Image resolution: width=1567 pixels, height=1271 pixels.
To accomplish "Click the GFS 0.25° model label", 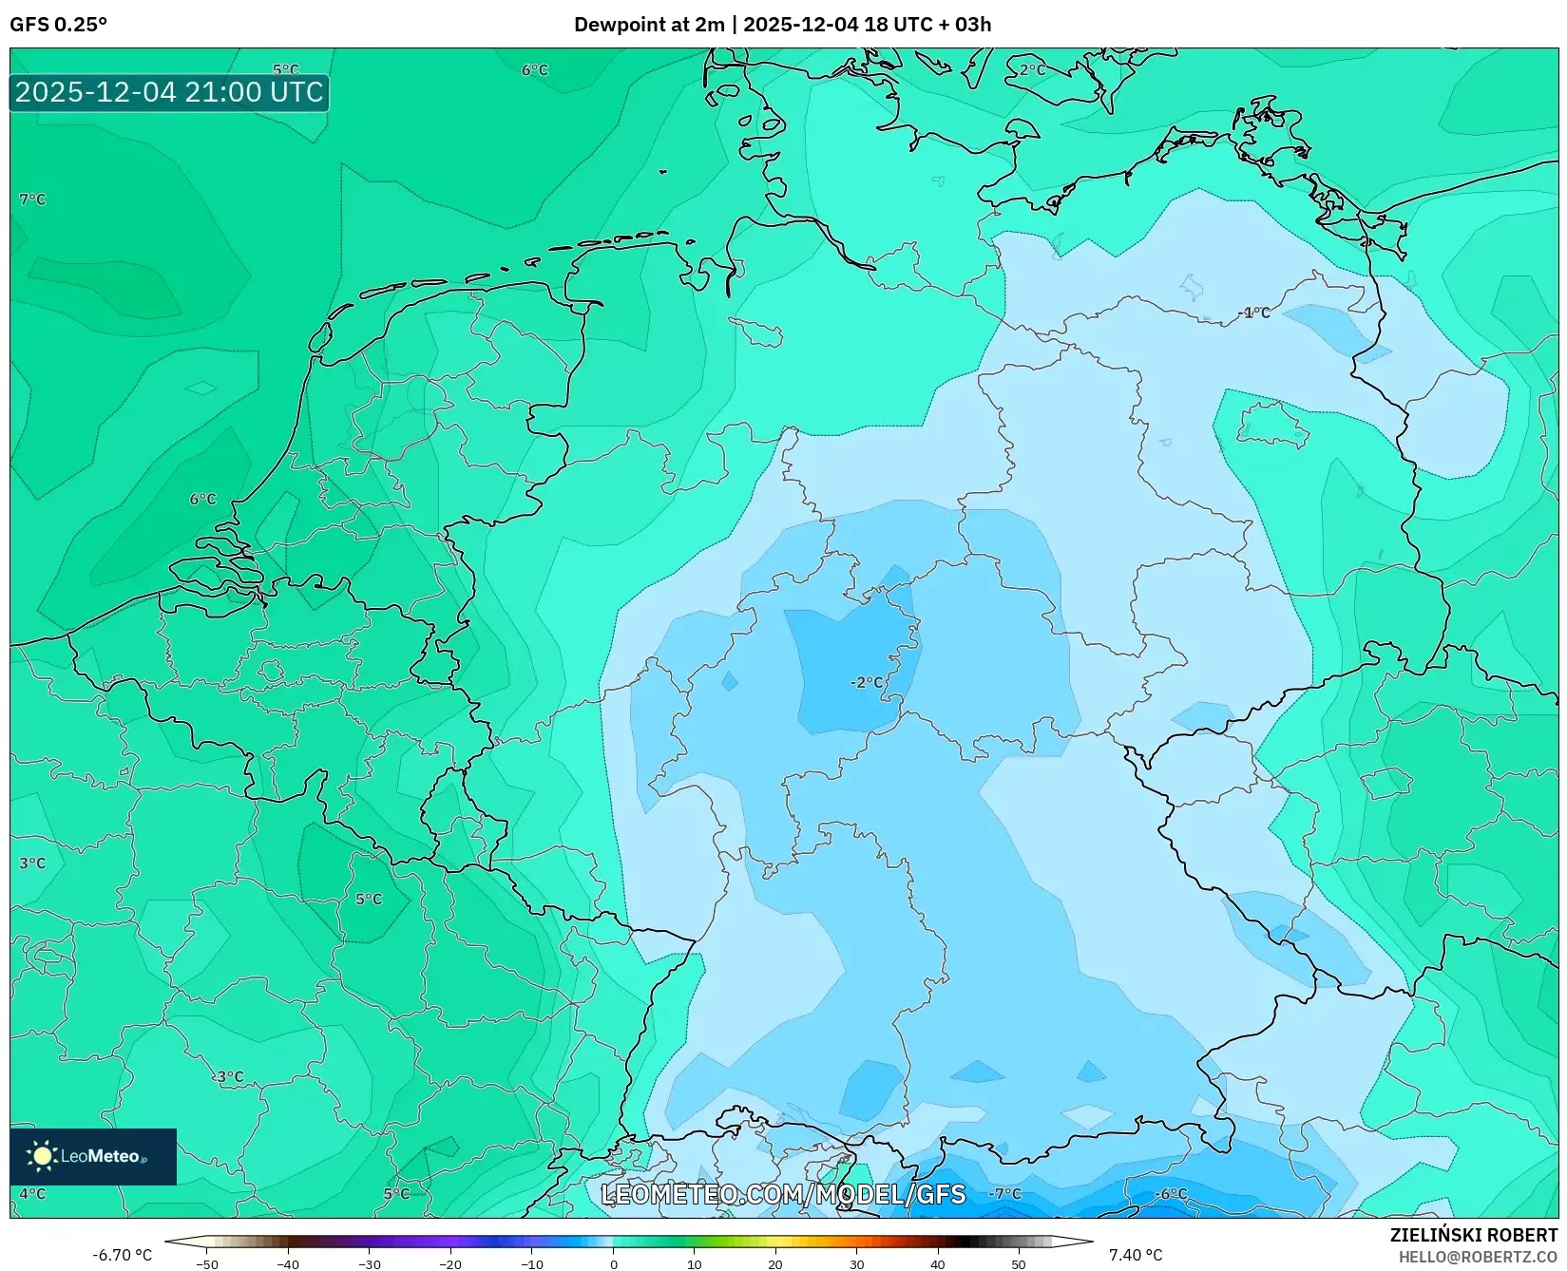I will (x=58, y=25).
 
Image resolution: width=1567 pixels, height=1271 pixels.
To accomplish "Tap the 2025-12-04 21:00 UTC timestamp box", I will (x=169, y=93).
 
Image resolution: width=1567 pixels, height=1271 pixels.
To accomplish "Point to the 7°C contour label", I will (x=32, y=199).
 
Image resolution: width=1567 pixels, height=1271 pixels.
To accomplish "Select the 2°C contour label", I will (x=1032, y=70).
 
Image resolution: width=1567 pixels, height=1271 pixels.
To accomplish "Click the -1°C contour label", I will (x=1255, y=313).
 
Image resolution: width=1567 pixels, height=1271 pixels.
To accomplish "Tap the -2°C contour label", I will (x=867, y=682).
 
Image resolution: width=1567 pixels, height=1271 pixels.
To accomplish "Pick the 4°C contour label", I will (x=32, y=1193).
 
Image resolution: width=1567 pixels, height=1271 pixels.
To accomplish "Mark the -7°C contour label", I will (x=1004, y=1193).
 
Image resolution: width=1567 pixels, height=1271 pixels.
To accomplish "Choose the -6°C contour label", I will (x=1171, y=1193).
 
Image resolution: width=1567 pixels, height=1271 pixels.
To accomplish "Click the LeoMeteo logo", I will (x=93, y=1156).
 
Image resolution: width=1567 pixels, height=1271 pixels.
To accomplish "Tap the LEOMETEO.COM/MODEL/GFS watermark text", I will (x=784, y=1194).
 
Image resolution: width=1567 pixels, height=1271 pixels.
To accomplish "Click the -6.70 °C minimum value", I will (x=122, y=1255).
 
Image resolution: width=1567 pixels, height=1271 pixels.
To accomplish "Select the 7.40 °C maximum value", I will (x=1136, y=1255).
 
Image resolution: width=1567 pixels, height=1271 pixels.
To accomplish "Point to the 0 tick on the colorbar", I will (x=613, y=1263).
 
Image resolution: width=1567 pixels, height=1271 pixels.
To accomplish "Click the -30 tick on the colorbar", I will (x=369, y=1263).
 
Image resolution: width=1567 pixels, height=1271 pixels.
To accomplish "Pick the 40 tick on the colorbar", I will (x=937, y=1263).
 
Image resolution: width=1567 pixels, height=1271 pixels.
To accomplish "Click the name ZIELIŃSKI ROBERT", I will (x=1474, y=1236).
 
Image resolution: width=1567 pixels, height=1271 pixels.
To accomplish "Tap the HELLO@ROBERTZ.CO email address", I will (x=1478, y=1256).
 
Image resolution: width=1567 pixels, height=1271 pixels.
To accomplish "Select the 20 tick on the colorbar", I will (x=774, y=1263).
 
